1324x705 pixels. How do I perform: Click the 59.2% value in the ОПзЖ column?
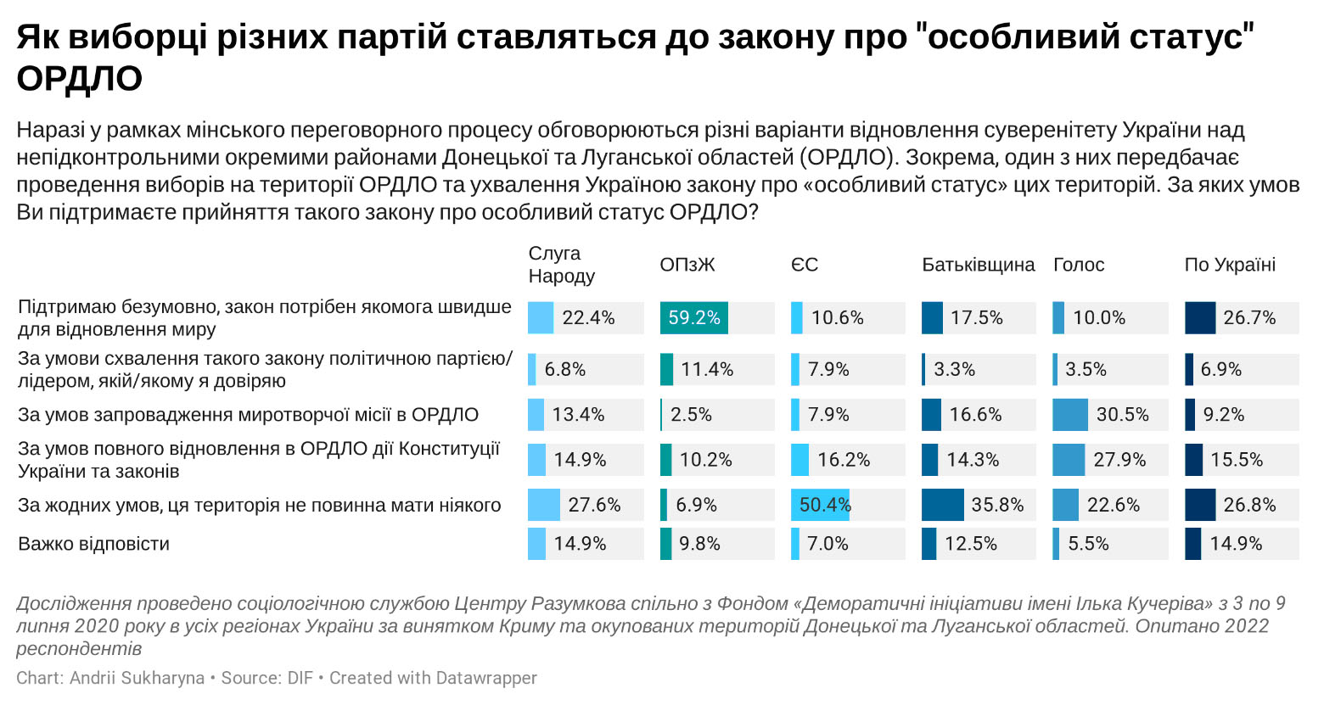694,318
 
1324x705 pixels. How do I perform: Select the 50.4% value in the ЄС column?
824,506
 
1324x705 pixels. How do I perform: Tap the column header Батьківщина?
978,265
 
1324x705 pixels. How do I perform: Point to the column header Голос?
1078,265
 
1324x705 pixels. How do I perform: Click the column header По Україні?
1230,265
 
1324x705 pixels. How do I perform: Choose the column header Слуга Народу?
561,265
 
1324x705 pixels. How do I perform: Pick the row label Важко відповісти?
94,544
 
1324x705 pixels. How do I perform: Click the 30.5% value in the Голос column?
1122,415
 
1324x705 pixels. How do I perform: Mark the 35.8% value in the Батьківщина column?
997,506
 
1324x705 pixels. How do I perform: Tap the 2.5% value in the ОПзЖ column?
691,415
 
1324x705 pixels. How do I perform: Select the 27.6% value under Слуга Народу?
594,506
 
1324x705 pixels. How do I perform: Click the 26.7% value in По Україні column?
1249,318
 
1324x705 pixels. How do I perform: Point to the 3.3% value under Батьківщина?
954,370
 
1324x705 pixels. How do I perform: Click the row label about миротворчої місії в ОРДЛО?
248,415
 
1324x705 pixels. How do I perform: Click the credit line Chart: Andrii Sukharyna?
110,678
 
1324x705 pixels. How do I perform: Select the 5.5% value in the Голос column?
1088,544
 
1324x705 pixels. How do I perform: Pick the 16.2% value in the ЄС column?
844,460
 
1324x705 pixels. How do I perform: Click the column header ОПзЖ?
687,265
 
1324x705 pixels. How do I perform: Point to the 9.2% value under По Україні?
1223,415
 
